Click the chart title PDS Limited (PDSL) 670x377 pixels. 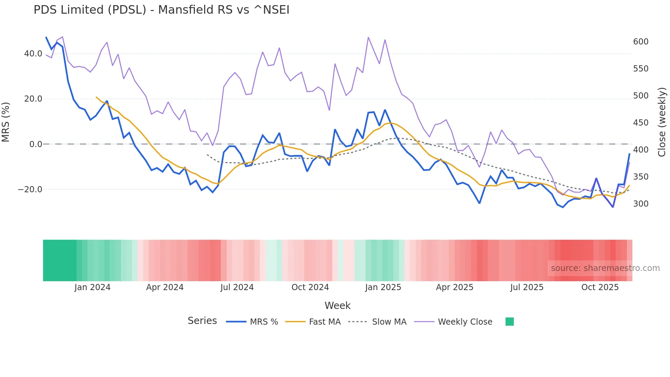point(161,10)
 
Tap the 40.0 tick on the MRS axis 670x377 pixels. point(33,54)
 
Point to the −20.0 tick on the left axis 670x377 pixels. point(30,190)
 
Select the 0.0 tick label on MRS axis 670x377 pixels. point(36,144)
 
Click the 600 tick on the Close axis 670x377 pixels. point(641,42)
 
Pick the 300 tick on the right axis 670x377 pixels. point(641,204)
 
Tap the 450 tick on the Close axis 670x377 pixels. point(641,123)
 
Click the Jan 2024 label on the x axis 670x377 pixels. point(92,287)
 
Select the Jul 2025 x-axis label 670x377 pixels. point(527,287)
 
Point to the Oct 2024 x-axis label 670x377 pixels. point(310,287)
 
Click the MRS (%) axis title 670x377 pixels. point(6,122)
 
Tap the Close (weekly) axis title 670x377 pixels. point(662,122)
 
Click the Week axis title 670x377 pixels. point(337,305)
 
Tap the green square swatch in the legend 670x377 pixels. point(509,322)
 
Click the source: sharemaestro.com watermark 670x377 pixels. point(605,268)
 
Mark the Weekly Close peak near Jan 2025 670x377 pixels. point(368,37)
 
